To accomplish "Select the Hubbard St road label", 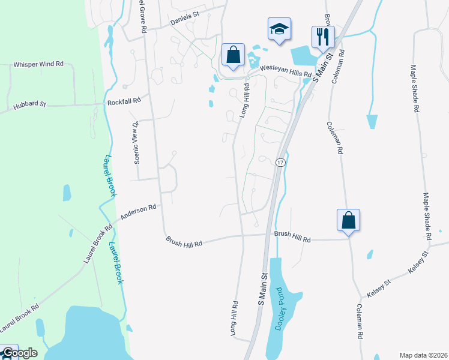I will coord(30,107).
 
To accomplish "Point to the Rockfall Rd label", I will coord(124,102).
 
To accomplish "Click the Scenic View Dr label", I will coord(136,142).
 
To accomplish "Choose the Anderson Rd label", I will coord(138,211).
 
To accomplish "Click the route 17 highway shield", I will coord(280,163).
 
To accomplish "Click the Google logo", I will coord(19,353).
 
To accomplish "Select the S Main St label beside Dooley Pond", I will coord(262,290).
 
